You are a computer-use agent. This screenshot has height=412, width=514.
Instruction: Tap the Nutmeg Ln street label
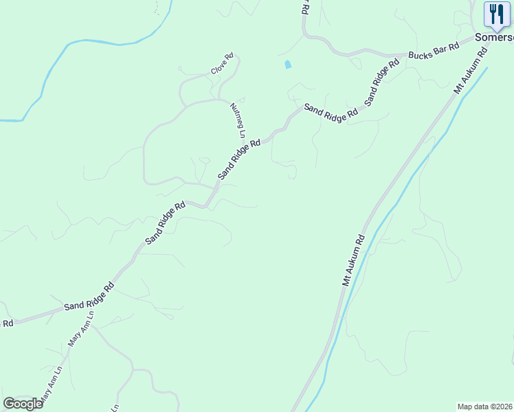(x=237, y=117)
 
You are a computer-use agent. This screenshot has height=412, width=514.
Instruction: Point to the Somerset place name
(x=494, y=38)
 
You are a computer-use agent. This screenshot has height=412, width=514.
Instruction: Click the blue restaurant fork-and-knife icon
(x=497, y=14)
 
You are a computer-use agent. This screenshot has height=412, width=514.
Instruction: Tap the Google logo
(x=23, y=404)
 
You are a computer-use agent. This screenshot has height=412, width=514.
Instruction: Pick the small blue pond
(x=288, y=65)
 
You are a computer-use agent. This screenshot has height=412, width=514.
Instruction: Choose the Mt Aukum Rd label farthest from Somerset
(x=353, y=261)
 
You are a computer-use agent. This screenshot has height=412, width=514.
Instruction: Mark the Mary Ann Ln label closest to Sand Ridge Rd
(x=80, y=332)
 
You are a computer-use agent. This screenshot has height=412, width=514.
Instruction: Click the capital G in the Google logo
(x=10, y=404)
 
